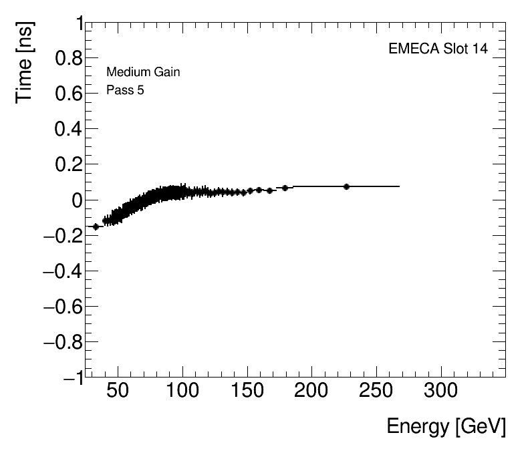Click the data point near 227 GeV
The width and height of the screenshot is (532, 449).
[x=346, y=186]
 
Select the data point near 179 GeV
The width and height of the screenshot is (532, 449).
[x=285, y=188]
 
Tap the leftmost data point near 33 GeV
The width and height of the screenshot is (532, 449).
[x=96, y=227]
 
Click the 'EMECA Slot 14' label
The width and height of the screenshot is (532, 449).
[x=438, y=50]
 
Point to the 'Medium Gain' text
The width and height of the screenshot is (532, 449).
[x=143, y=72]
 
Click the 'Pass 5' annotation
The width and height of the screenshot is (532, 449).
[x=125, y=90]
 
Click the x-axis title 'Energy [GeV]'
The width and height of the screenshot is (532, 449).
[x=446, y=426]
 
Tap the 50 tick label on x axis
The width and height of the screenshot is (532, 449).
[x=118, y=391]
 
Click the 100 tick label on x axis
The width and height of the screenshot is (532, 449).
[x=182, y=391]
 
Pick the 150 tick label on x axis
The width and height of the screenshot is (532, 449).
[x=247, y=391]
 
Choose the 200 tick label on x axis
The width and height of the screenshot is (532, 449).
[x=312, y=391]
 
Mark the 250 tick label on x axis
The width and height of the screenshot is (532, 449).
[x=377, y=391]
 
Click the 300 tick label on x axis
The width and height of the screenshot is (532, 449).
[x=442, y=391]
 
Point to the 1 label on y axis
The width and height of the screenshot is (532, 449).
[x=79, y=24]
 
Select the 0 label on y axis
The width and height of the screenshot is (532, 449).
[x=78, y=200]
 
